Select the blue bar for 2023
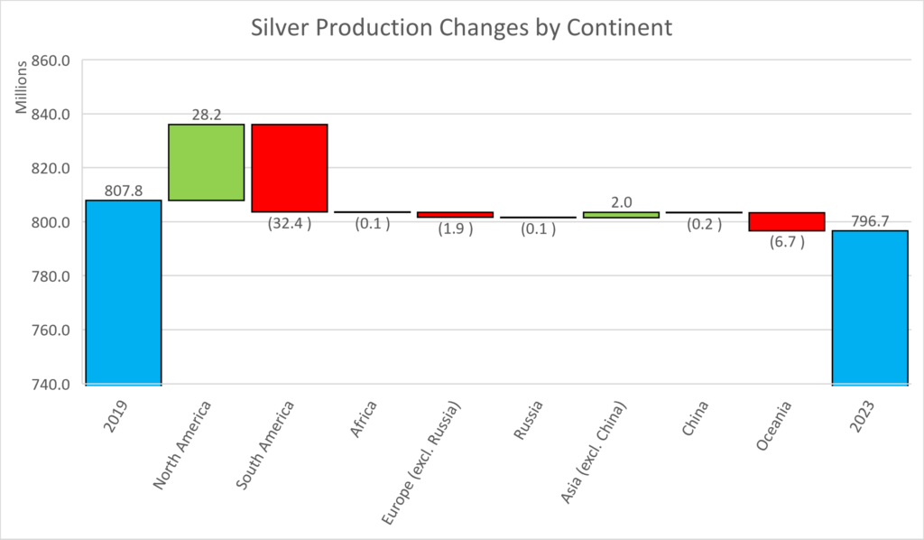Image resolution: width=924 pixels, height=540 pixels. tap(869, 307)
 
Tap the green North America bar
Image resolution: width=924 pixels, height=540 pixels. tap(206, 162)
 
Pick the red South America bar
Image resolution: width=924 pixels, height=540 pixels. tap(289, 168)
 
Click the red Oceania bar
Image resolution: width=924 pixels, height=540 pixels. tap(786, 221)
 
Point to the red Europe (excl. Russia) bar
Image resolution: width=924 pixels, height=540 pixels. tap(455, 215)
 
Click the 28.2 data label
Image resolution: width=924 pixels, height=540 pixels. tap(206, 115)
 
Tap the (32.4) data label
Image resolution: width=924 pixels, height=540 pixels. tap(289, 224)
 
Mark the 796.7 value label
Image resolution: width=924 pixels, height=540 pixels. tap(869, 222)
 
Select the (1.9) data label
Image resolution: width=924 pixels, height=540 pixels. tap(455, 229)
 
